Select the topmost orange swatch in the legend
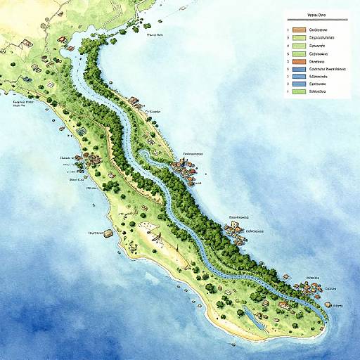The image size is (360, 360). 299,31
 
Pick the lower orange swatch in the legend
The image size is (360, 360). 299,61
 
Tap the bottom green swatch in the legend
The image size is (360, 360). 299,91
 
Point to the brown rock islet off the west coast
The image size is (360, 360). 108,232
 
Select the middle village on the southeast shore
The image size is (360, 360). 236,227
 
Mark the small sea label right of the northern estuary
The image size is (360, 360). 154,33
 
